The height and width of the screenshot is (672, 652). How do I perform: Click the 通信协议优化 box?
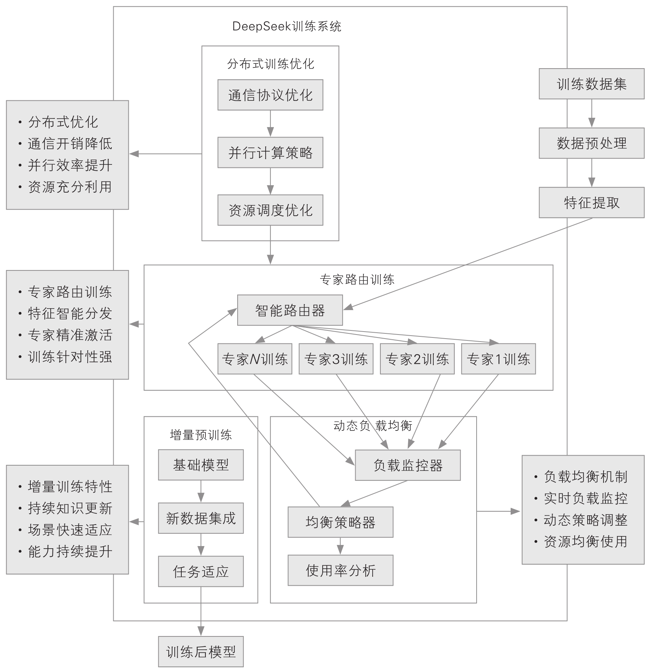270,95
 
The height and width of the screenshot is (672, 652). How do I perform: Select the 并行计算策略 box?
270,153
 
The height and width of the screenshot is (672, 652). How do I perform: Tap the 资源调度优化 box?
270,210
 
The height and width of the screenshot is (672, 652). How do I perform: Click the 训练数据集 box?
591,84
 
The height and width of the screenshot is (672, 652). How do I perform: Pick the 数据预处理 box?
591,143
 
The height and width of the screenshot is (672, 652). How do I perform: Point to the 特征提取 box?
591,203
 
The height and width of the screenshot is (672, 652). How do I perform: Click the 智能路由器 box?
290,310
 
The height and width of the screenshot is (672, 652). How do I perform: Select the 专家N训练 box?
255,359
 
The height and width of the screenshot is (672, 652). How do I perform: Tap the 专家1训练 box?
498,359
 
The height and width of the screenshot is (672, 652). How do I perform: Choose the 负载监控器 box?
408,465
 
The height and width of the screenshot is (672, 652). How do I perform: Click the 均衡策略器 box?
340,522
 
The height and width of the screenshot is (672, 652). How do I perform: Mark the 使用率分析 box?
340,570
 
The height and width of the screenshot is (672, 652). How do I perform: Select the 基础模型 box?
201,465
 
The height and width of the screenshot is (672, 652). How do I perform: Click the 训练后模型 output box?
201,652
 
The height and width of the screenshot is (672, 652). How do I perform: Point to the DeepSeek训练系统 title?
287,26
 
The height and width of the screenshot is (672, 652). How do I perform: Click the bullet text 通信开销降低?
70,144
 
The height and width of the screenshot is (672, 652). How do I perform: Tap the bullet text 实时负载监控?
585,498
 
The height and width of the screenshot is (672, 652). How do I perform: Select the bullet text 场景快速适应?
70,530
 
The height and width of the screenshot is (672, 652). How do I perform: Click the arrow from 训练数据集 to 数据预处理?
591,113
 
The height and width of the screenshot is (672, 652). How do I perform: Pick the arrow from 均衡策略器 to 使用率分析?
340,546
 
